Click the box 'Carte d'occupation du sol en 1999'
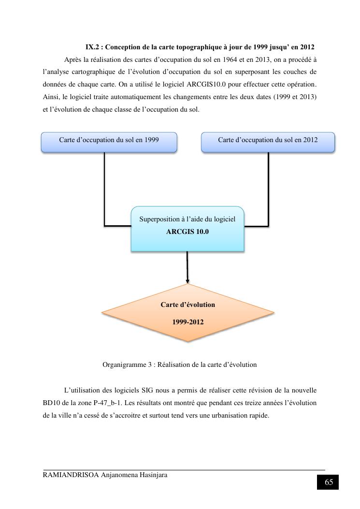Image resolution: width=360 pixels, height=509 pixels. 109,142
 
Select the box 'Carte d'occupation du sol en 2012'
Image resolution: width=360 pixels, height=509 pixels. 268,142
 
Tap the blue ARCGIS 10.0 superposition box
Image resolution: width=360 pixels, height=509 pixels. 187,229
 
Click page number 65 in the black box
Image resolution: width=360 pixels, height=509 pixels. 329,482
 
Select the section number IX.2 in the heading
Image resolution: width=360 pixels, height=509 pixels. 93,47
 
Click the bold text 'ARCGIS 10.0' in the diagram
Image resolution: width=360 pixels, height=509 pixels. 187,232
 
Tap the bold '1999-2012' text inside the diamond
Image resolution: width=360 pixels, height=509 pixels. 188,322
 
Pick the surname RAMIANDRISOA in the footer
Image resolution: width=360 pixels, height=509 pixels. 71,475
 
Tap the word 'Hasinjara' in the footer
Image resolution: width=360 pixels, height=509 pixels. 152,475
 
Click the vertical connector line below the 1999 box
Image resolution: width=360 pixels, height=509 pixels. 104,189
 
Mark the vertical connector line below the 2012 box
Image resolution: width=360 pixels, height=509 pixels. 269,189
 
